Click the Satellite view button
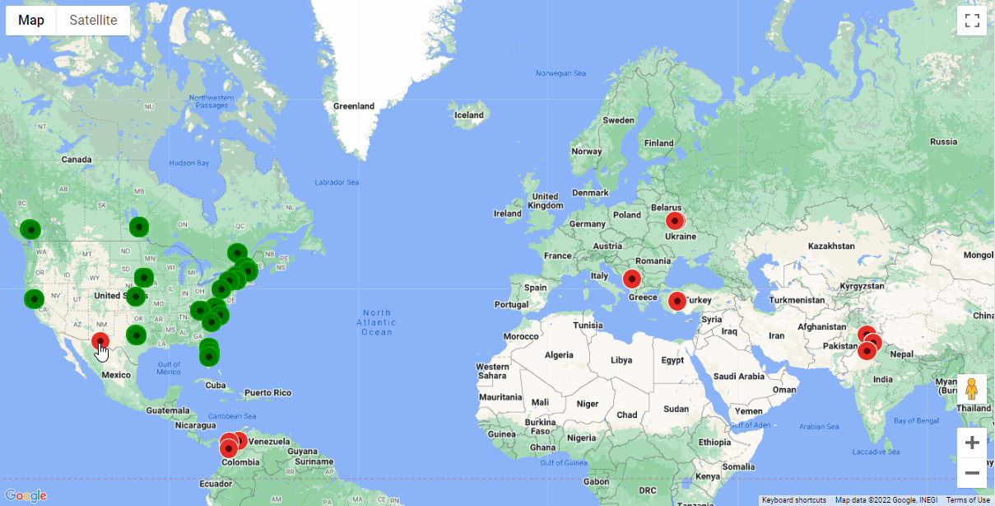tap(93, 21)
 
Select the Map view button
tap(31, 21)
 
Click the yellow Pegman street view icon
tap(972, 388)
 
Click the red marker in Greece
tap(632, 279)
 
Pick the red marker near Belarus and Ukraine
tap(675, 221)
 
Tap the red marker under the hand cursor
tap(100, 341)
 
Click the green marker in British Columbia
tap(30, 229)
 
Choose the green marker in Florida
tap(209, 355)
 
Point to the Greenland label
tap(354, 106)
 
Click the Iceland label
tap(469, 115)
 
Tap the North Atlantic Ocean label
tap(377, 322)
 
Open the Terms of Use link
tap(968, 500)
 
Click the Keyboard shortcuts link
tap(793, 500)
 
